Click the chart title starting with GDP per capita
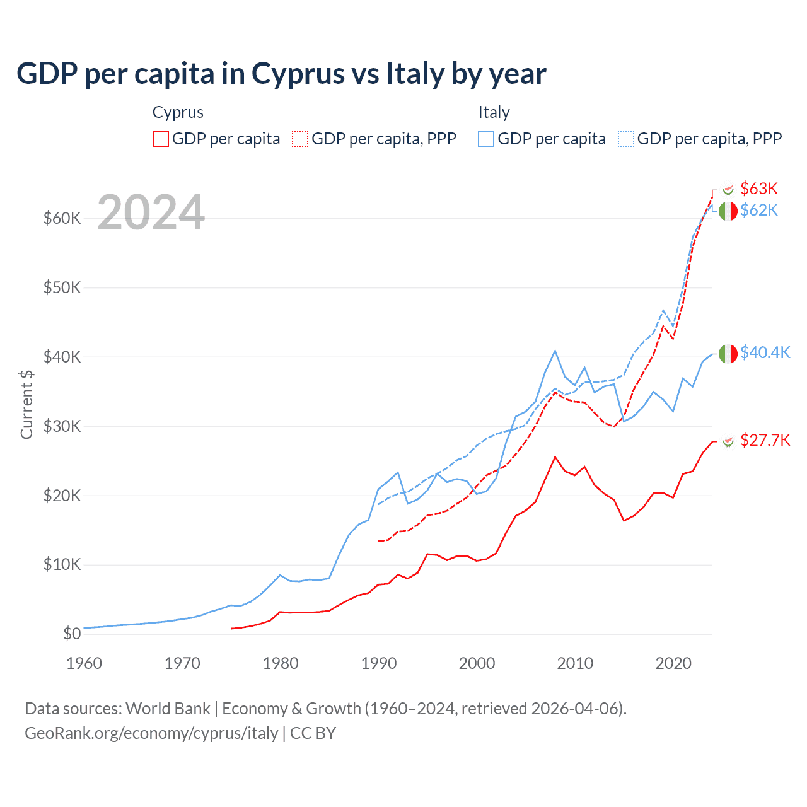281,74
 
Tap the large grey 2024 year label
151,212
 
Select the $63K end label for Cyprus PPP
759,189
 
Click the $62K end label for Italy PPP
759,210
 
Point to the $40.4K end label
765,352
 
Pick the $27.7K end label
765,440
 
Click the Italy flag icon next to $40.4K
728,354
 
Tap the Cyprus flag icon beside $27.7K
728,441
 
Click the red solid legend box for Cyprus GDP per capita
161,139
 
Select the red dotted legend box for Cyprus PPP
300,139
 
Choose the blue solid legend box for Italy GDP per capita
486,139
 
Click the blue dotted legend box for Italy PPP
626,139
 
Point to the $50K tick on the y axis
62,288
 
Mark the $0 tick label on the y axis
72,634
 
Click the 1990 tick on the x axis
379,663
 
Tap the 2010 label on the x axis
575,663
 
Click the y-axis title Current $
26,404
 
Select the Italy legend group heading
494,112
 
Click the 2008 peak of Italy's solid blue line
555,351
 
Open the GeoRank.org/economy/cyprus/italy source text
151,733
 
